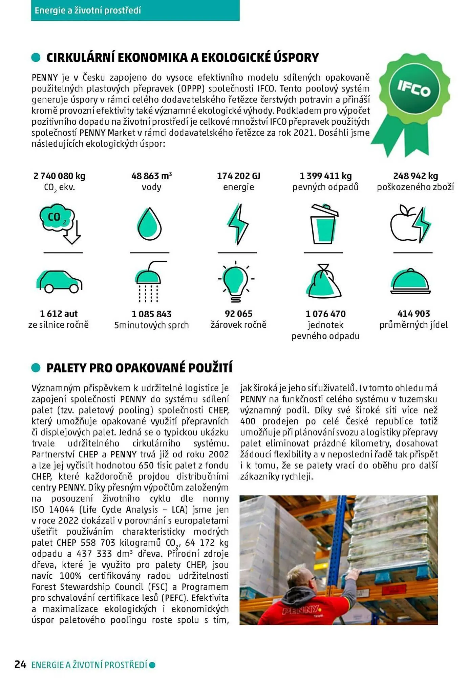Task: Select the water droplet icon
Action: point(149,224)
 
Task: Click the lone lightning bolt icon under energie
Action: point(238,224)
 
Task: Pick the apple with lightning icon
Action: point(410,224)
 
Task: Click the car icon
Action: point(59,281)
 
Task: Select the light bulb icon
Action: point(236,281)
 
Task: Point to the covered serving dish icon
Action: point(410,282)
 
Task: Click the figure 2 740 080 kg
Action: point(59,176)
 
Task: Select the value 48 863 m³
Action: point(151,176)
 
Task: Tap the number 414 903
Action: point(413,314)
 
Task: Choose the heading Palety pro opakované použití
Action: point(139,368)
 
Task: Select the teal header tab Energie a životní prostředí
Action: point(135,10)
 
